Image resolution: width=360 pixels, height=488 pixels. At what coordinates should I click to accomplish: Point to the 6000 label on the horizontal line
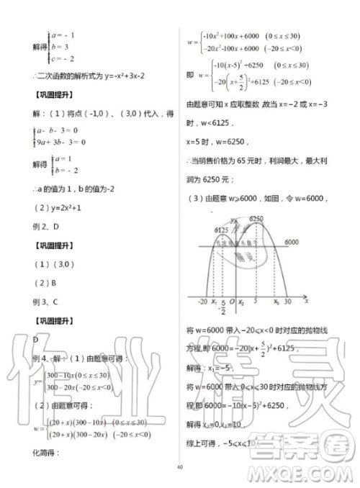tap(291, 243)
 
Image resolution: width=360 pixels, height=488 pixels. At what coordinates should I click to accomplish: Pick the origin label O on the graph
tap(233, 301)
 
